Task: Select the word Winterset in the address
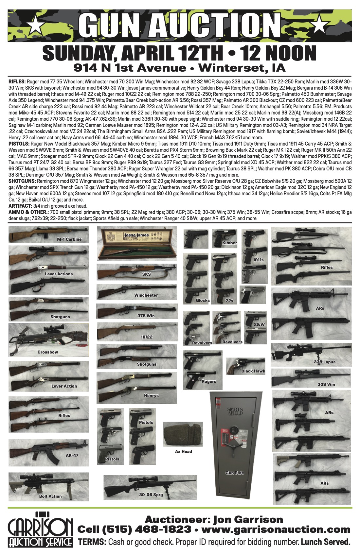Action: point(231,68)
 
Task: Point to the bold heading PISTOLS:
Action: point(19,144)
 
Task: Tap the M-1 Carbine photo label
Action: point(69,239)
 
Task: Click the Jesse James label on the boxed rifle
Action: point(136,235)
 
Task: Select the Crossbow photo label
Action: point(48,352)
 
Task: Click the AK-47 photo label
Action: point(72,455)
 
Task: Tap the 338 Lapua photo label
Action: point(325,362)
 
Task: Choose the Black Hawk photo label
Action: point(253,371)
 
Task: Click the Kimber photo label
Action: point(229,243)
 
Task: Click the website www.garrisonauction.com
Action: point(276,529)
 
